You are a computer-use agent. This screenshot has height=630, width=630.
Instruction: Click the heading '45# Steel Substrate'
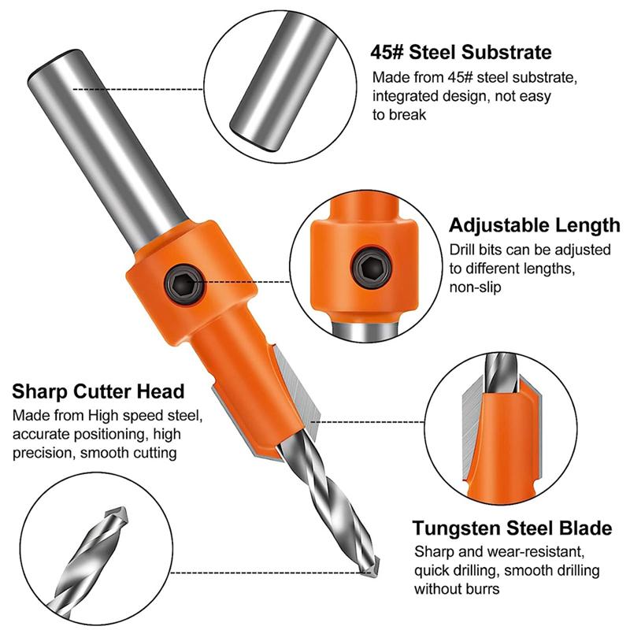point(461,54)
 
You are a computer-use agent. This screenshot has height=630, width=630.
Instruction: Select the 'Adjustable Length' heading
point(534,226)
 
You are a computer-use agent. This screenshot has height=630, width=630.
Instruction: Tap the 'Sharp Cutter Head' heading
point(98,391)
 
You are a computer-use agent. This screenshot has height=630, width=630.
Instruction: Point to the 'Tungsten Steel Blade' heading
point(512,528)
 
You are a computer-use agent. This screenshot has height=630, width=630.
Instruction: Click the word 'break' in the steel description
point(409,115)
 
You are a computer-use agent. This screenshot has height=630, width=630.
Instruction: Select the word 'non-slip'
point(475,287)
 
